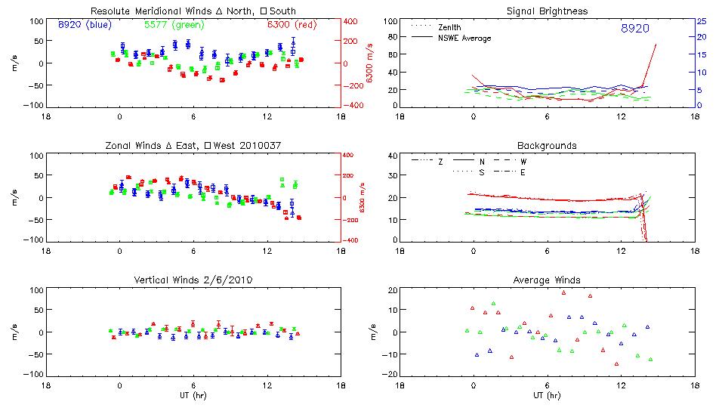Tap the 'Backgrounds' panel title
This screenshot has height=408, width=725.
tap(548, 145)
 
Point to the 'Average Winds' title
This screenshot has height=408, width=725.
tap(548, 280)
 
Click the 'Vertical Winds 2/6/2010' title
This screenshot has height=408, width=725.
tap(193, 280)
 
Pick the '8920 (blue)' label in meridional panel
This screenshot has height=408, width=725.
tap(85, 24)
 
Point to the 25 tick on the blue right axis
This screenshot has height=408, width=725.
tap(701, 21)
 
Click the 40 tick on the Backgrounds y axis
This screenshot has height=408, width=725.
tap(392, 156)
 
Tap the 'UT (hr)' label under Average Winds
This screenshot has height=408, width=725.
tap(548, 396)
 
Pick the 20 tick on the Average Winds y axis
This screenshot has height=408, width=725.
tap(392, 290)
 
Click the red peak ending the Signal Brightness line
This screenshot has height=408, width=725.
tap(656, 45)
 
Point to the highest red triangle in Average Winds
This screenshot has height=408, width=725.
tap(563, 292)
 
